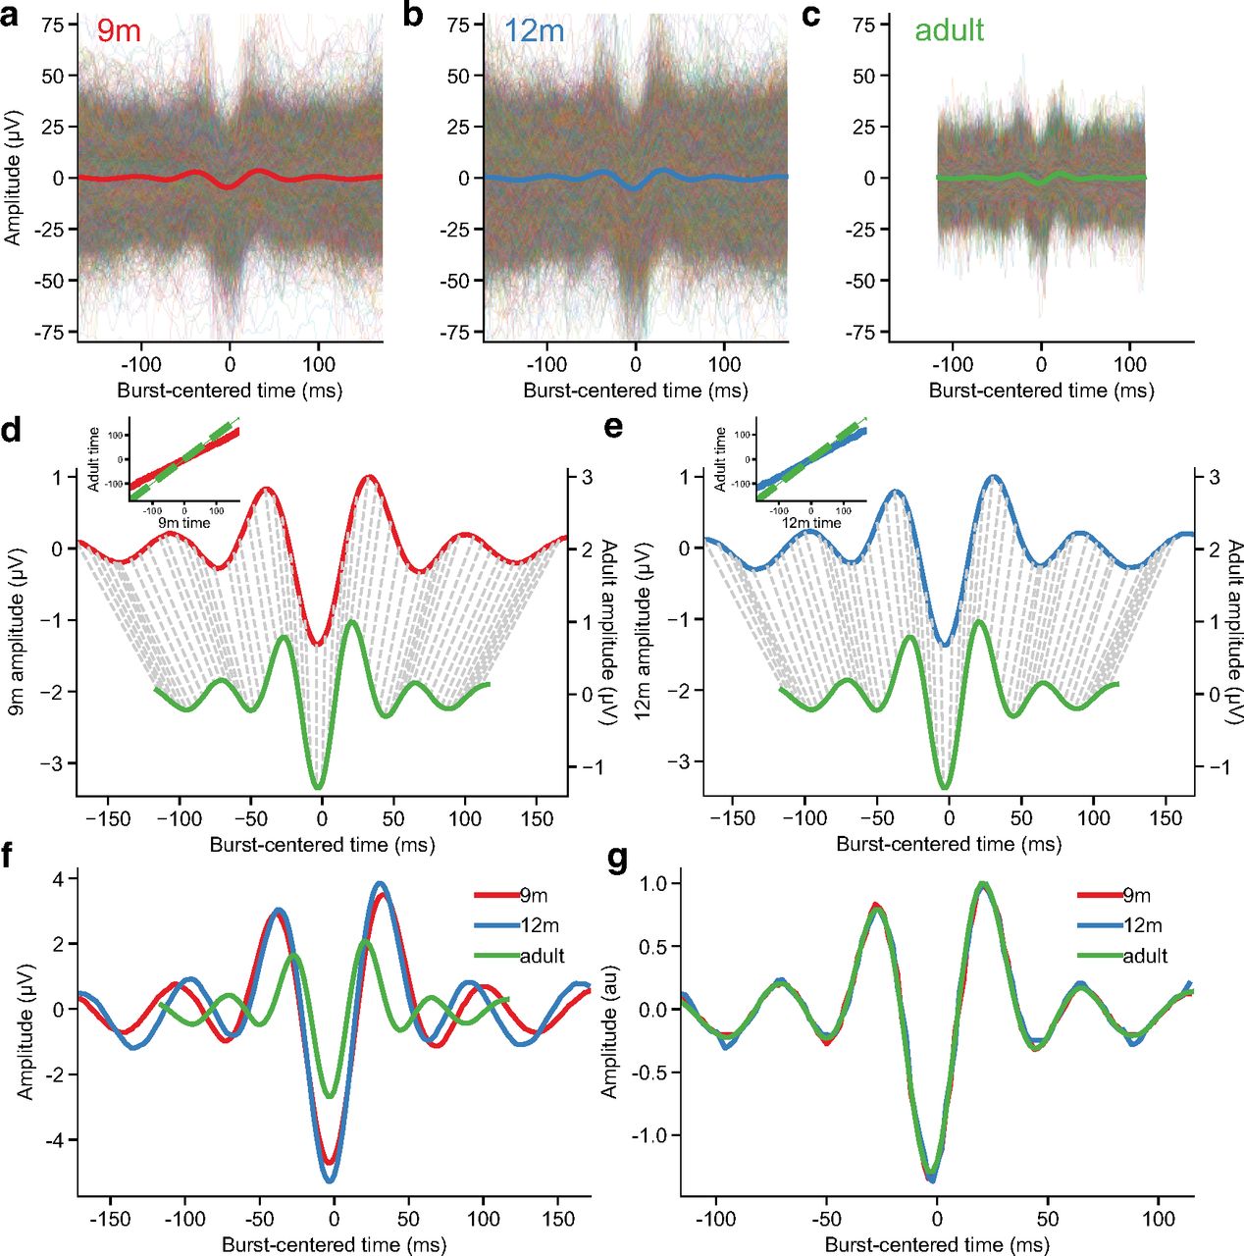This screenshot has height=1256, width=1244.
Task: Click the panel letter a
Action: (11, 16)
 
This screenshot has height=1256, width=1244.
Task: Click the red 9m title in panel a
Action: (119, 30)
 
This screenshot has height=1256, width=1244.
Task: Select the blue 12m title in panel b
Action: (534, 30)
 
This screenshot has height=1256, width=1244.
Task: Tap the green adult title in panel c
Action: (948, 30)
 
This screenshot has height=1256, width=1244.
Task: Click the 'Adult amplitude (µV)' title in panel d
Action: (608, 633)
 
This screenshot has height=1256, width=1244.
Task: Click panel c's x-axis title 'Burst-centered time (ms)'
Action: (1041, 391)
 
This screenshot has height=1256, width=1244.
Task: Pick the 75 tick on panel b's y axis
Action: (458, 25)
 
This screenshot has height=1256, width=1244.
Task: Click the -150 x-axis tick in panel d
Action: (107, 818)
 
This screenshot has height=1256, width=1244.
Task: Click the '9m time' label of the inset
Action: (184, 523)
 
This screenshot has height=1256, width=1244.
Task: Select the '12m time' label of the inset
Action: (810, 523)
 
